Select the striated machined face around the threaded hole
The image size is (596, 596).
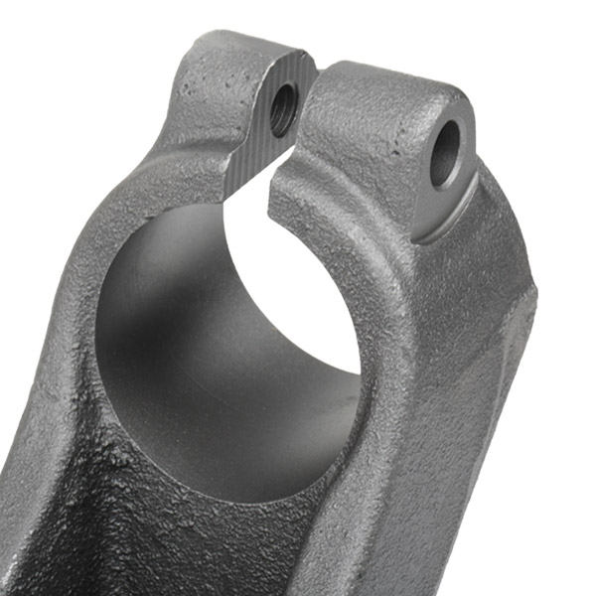click(x=260, y=139)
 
